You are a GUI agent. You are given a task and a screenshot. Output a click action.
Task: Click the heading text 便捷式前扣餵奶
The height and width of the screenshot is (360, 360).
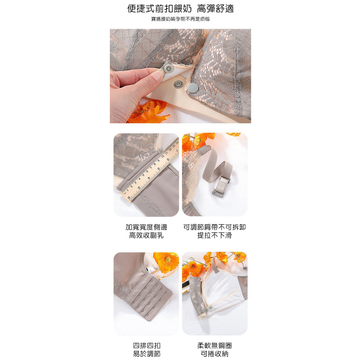pos(159,9)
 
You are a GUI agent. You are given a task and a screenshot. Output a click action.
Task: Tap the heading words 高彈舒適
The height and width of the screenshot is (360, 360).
pos(215,9)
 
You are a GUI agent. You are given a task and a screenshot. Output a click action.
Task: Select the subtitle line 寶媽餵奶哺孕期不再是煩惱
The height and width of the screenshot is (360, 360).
pos(180,19)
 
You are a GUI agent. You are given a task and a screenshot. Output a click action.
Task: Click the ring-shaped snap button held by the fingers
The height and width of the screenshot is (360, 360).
pos(168,68)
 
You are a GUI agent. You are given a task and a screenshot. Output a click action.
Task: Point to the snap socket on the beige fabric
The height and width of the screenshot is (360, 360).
pos(178,84)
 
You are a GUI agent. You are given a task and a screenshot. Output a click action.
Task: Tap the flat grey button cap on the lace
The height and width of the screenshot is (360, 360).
pos(193,88)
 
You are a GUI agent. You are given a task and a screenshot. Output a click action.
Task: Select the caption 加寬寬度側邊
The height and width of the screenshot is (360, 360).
pos(146,227)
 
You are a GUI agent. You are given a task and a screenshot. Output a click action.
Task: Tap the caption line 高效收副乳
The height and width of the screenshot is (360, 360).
pos(146,235)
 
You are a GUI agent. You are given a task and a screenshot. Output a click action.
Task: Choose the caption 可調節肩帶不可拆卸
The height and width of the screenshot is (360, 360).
pos(215,227)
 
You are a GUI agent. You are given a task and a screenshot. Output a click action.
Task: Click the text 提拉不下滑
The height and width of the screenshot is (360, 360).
pos(215,235)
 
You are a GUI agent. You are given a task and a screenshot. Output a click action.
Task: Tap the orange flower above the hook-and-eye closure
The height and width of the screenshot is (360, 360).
pos(166,262)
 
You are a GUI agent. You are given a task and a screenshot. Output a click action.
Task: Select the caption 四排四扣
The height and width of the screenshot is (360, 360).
pos(147,345)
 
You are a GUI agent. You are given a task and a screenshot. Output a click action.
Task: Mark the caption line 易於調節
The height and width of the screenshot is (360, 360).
pos(147,354)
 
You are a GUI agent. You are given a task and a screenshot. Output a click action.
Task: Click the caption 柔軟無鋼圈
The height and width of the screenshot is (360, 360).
pos(215,345)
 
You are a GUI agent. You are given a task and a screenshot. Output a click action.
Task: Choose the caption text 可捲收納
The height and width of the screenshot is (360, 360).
pos(215,354)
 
